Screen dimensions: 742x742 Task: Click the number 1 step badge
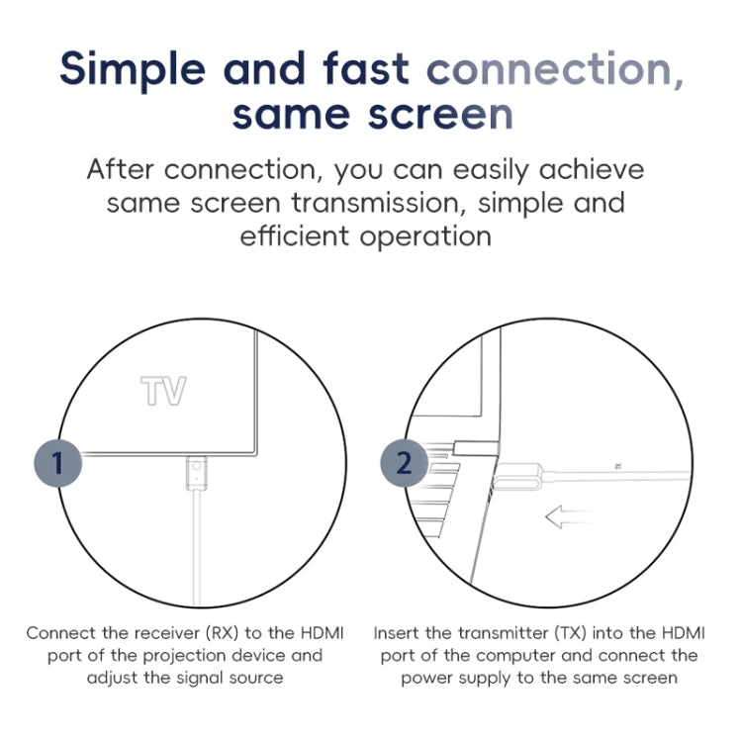[57, 463]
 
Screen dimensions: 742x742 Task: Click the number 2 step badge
[404, 463]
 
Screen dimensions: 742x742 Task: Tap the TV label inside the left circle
[163, 392]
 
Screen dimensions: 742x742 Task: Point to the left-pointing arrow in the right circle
[568, 516]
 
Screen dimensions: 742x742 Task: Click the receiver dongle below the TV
[197, 473]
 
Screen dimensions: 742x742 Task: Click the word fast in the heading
[366, 68]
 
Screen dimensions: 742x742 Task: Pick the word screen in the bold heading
[440, 115]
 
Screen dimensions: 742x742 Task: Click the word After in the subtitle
[120, 169]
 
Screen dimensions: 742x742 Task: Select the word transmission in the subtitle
[375, 203]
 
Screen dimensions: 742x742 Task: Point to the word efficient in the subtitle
[295, 235]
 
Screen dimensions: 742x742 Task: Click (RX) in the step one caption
[222, 633]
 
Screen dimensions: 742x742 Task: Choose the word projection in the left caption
[184, 656]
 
